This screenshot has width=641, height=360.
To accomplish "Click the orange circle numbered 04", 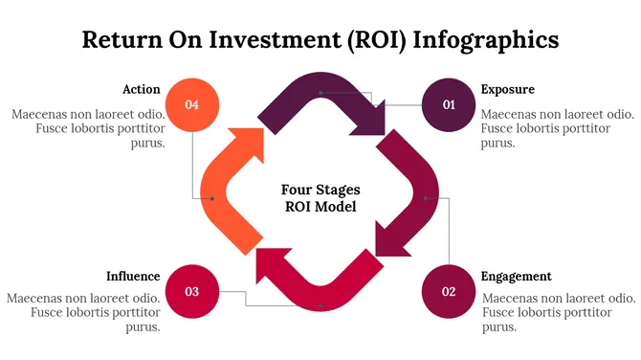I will click(x=192, y=103).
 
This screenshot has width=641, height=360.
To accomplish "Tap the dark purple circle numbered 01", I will click(x=449, y=103).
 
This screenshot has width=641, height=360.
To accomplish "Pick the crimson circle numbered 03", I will click(x=192, y=290).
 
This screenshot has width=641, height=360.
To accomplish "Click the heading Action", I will click(x=141, y=89).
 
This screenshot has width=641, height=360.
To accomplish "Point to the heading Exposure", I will click(x=507, y=89).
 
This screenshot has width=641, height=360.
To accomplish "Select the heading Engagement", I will click(x=516, y=276).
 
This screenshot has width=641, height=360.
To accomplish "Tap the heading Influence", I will click(x=133, y=276).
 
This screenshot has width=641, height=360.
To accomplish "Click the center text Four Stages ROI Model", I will click(x=320, y=197).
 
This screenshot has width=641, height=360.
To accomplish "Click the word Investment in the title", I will click(x=275, y=39).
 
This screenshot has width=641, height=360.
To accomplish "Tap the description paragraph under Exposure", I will click(x=555, y=128).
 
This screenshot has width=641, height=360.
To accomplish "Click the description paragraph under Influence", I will click(x=84, y=312).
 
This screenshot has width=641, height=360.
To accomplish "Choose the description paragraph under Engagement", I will click(x=556, y=312).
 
